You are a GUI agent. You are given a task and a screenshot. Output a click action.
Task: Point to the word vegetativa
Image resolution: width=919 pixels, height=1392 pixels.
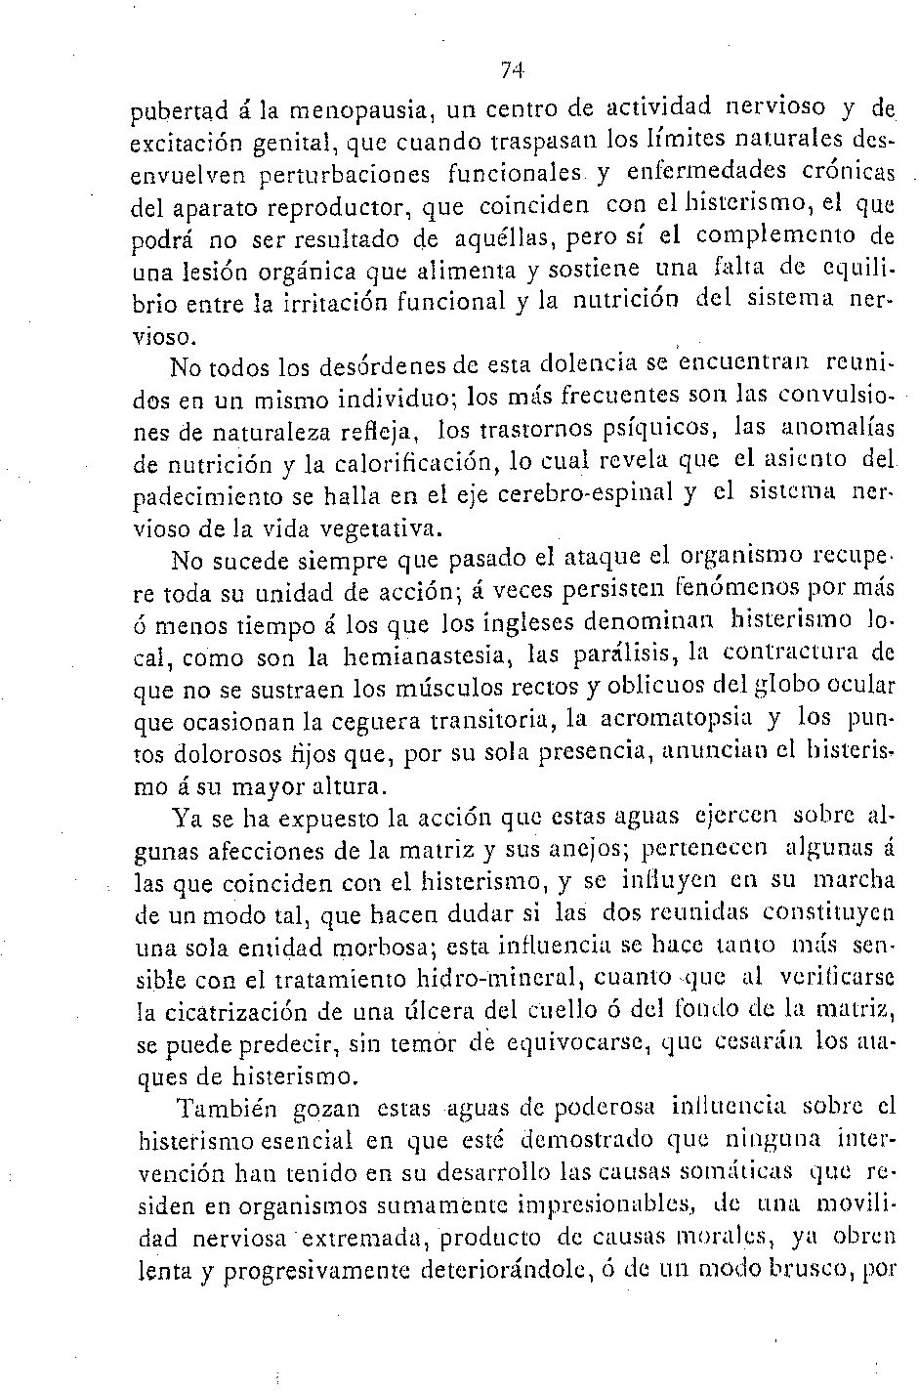tap(367, 527)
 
